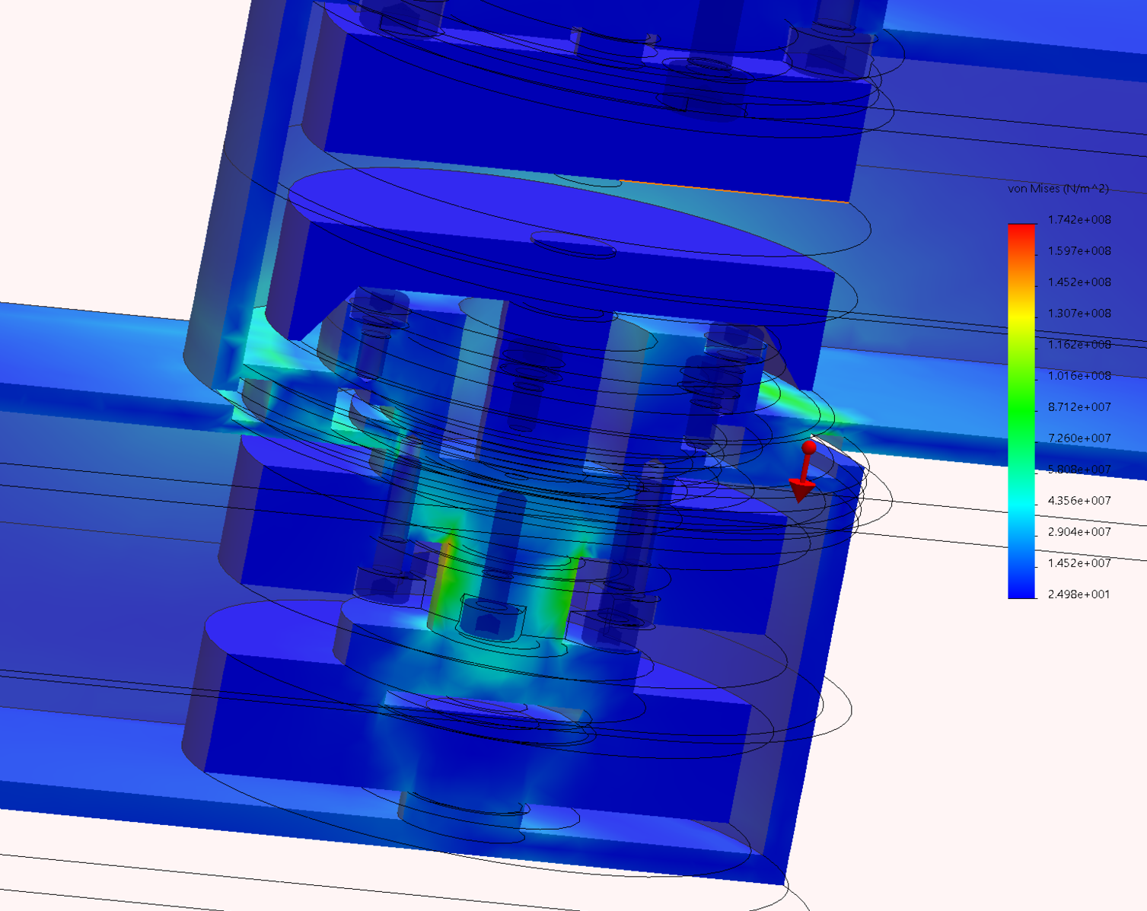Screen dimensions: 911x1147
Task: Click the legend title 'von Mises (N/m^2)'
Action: pyautogui.click(x=1058, y=189)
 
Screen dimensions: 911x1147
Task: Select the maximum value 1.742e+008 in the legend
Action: pyautogui.click(x=1078, y=220)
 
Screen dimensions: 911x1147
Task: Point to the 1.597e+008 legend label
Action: pyautogui.click(x=1078, y=251)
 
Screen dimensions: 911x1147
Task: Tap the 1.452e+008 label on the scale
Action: pyautogui.click(x=1078, y=282)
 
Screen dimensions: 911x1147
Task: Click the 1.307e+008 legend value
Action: pyautogui.click(x=1078, y=314)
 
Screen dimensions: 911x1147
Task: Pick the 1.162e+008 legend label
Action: pyautogui.click(x=1078, y=345)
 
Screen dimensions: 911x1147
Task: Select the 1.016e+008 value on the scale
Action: pyautogui.click(x=1078, y=376)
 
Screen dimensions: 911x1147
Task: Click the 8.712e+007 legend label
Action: pyautogui.click(x=1078, y=407)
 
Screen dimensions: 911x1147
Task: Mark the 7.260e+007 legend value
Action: pyautogui.click(x=1078, y=438)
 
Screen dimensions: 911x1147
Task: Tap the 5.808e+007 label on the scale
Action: pyautogui.click(x=1078, y=470)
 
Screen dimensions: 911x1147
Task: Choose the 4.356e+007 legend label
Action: pyautogui.click(x=1078, y=501)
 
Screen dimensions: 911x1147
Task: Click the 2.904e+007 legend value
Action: pyautogui.click(x=1078, y=532)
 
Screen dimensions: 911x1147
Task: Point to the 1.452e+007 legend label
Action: pyautogui.click(x=1078, y=563)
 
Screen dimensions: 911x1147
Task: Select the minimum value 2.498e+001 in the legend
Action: pyautogui.click(x=1078, y=594)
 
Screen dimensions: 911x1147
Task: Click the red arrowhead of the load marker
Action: pyautogui.click(x=800, y=491)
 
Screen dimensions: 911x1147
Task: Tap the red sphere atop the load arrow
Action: pyautogui.click(x=809, y=448)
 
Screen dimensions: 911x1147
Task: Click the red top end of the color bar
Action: pyautogui.click(x=1021, y=232)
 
